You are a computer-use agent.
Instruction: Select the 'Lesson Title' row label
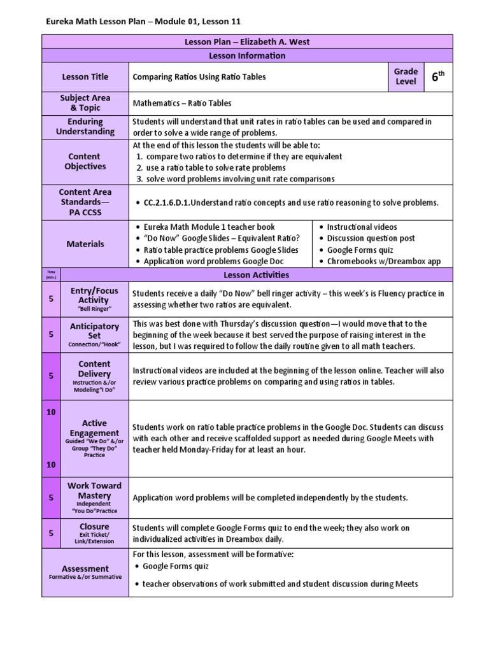pyautogui.click(x=85, y=77)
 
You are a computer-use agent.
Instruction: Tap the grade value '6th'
pyautogui.click(x=437, y=77)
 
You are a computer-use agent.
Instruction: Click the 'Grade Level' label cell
pyautogui.click(x=406, y=77)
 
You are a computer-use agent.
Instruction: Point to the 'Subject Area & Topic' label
pyautogui.click(x=85, y=103)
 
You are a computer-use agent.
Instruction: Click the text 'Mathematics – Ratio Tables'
pyautogui.click(x=182, y=103)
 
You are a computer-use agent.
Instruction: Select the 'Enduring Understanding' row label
pyautogui.click(x=85, y=127)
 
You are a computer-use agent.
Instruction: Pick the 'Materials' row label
pyautogui.click(x=85, y=244)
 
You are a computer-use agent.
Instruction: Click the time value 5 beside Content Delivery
pyautogui.click(x=52, y=376)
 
